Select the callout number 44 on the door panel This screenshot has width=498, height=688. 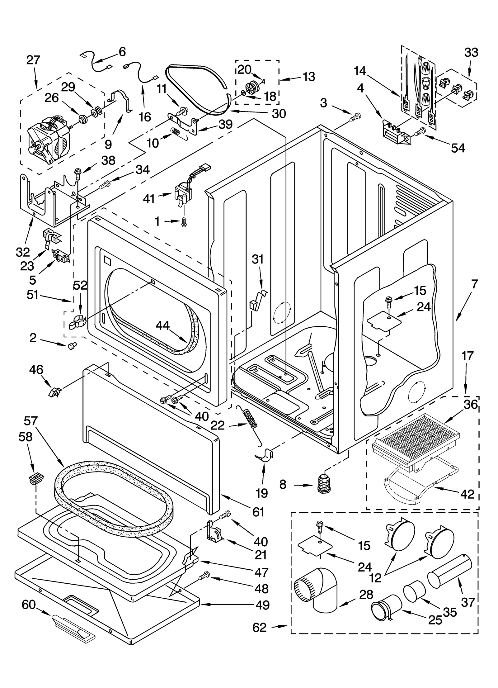tap(162, 326)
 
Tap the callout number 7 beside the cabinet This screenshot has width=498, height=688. tap(474, 284)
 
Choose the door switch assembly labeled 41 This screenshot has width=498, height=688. tap(183, 194)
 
